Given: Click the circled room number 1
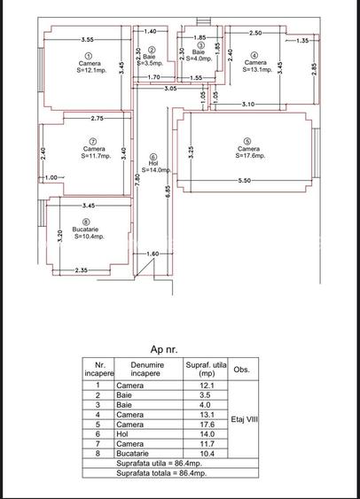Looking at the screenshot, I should pyautogui.click(x=88, y=56).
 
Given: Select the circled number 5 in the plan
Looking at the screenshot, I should pyautogui.click(x=247, y=140).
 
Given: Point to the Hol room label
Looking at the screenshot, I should pyautogui.click(x=153, y=163).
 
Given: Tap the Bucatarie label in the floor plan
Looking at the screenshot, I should pyautogui.click(x=84, y=229).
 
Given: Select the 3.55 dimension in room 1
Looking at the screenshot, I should pyautogui.click(x=87, y=40).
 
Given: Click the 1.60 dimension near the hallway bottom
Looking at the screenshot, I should pyautogui.click(x=152, y=254).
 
